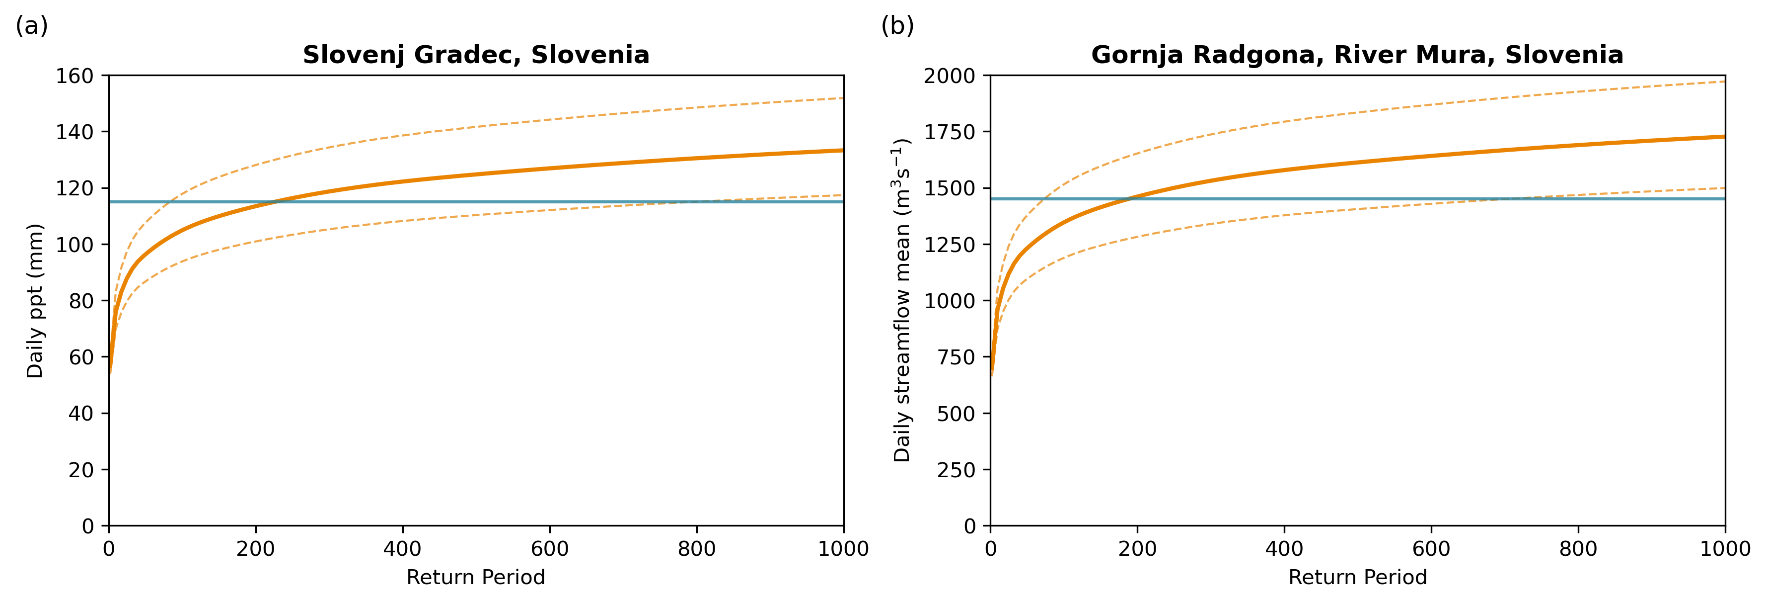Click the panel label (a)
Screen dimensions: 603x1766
point(32,26)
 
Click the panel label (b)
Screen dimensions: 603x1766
point(897,26)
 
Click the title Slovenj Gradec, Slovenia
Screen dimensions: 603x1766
point(476,55)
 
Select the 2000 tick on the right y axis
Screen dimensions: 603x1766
point(949,76)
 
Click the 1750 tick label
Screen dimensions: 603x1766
point(949,132)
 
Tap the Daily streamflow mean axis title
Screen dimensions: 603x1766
point(902,300)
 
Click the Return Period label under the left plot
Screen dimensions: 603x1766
point(476,577)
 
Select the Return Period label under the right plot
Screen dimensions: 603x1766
point(1357,577)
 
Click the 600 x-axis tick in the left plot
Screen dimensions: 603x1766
point(550,549)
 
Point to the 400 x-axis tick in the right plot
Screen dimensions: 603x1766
point(1284,549)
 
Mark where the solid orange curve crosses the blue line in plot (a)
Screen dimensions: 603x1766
point(274,202)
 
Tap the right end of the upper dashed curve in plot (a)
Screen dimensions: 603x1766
point(843,98)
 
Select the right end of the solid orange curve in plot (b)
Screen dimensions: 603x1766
point(1723,137)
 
